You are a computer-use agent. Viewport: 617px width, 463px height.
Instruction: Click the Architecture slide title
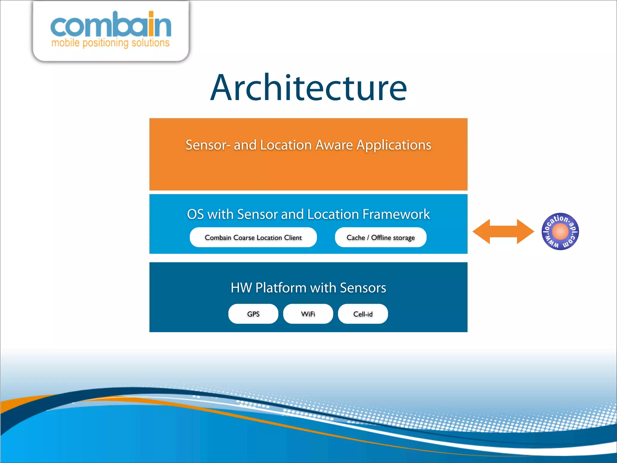click(x=308, y=88)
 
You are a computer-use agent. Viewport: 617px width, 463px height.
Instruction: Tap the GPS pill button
click(x=253, y=314)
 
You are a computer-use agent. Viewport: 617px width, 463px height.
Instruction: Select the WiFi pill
click(x=308, y=314)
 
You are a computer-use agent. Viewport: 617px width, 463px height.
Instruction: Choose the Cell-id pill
click(x=363, y=314)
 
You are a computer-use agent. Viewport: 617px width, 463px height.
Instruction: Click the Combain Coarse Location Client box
click(x=253, y=238)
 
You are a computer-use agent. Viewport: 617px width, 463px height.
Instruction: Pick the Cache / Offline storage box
click(x=381, y=238)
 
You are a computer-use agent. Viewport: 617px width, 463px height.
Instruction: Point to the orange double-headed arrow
click(x=503, y=231)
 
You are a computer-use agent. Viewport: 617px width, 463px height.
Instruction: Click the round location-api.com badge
click(x=560, y=231)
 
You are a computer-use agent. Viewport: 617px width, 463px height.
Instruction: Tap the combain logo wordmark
click(x=111, y=25)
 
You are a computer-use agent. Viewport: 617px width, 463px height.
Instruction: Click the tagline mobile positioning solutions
click(x=111, y=43)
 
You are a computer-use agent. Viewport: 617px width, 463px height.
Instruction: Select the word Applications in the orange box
click(x=394, y=145)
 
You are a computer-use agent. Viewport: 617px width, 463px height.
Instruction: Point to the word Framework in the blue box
click(x=396, y=214)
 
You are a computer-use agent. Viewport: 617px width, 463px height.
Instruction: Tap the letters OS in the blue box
click(x=195, y=214)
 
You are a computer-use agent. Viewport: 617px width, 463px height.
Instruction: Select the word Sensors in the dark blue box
click(x=363, y=288)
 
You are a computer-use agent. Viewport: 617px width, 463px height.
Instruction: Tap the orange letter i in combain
click(x=151, y=24)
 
